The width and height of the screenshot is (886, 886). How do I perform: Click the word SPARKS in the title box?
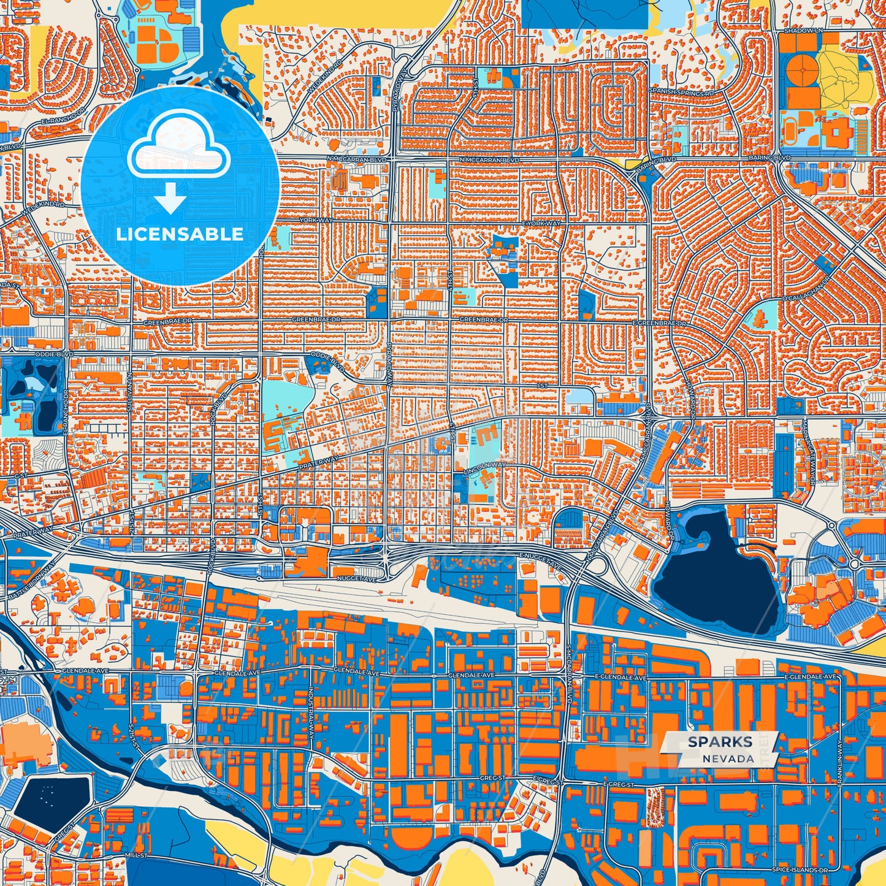point(720,742)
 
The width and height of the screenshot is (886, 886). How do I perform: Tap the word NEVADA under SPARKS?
point(728,758)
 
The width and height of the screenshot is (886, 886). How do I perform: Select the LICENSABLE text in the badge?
point(180,234)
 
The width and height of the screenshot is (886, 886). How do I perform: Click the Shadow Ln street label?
point(803,30)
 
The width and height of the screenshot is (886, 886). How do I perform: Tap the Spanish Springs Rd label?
point(682,92)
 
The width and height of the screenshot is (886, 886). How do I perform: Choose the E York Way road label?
point(541,223)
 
